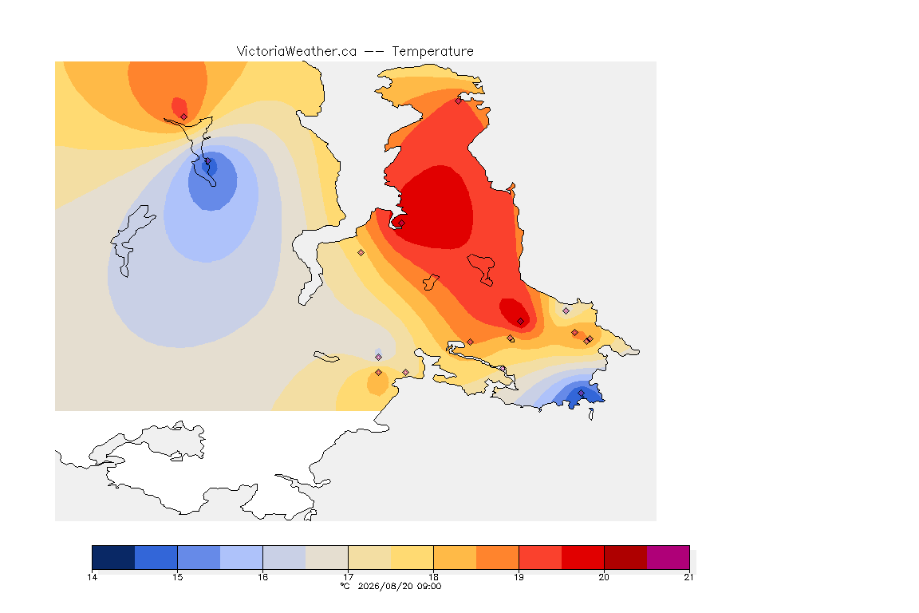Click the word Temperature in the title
(x=432, y=52)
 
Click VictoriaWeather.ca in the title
(x=297, y=52)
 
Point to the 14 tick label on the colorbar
(x=92, y=577)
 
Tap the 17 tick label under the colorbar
(x=348, y=577)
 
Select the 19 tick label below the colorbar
(x=519, y=577)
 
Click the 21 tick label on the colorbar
(x=688, y=577)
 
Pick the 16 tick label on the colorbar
(x=262, y=577)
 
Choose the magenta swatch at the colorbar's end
(x=669, y=557)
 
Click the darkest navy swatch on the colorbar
(x=114, y=557)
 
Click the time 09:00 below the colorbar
(x=428, y=586)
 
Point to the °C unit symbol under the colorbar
(x=345, y=586)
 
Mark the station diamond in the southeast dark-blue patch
(x=581, y=393)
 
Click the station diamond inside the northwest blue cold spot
(x=207, y=161)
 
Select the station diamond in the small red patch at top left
(x=184, y=117)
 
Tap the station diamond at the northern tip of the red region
(x=459, y=101)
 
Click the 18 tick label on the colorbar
(x=433, y=577)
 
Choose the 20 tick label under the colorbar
(x=604, y=577)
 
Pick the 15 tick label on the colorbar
(x=178, y=577)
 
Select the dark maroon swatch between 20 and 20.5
(x=625, y=557)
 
